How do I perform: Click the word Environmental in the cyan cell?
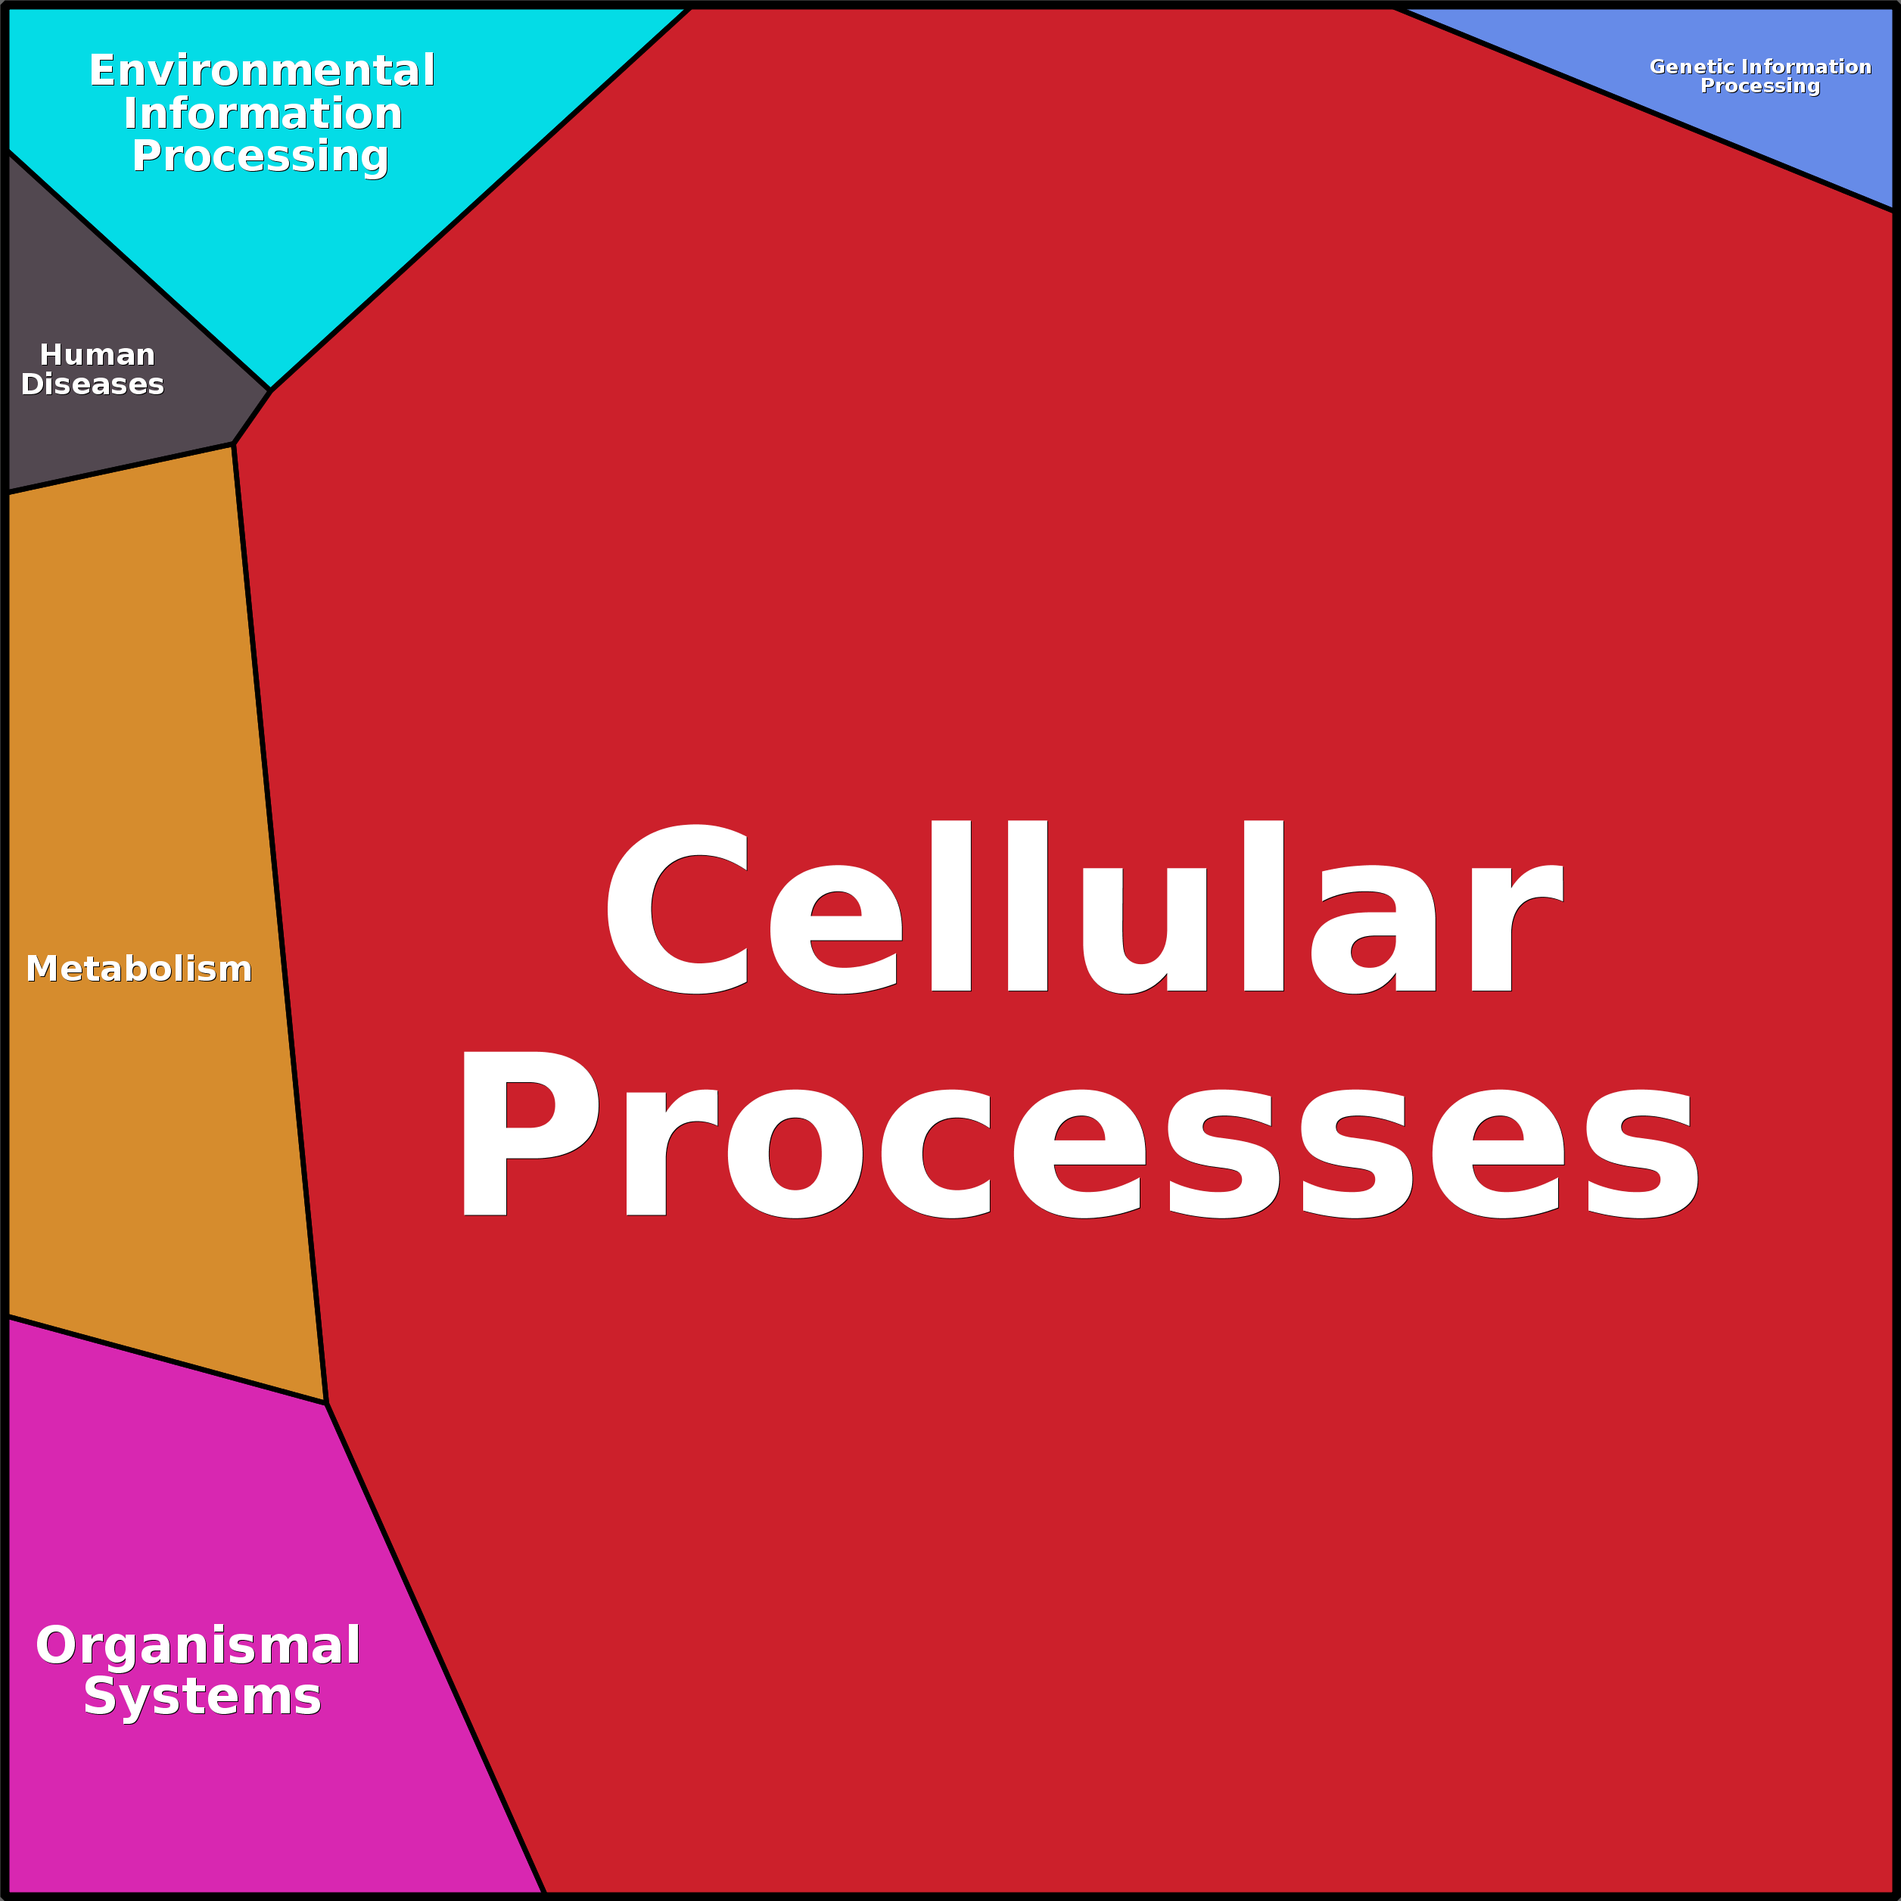(x=262, y=71)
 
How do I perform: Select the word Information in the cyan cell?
(x=263, y=114)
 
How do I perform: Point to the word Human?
(x=98, y=354)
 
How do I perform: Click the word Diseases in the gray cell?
(x=92, y=384)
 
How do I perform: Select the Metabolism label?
(x=138, y=969)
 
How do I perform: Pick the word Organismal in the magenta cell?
(x=198, y=1646)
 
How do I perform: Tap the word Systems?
(x=203, y=1697)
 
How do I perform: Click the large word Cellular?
(x=1084, y=908)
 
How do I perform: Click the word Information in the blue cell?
(x=1806, y=67)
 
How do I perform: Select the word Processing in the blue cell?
(x=1760, y=86)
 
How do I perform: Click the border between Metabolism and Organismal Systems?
(x=167, y=1360)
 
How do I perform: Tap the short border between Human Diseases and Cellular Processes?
(x=252, y=417)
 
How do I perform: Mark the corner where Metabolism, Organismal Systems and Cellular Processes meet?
(x=325, y=1403)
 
